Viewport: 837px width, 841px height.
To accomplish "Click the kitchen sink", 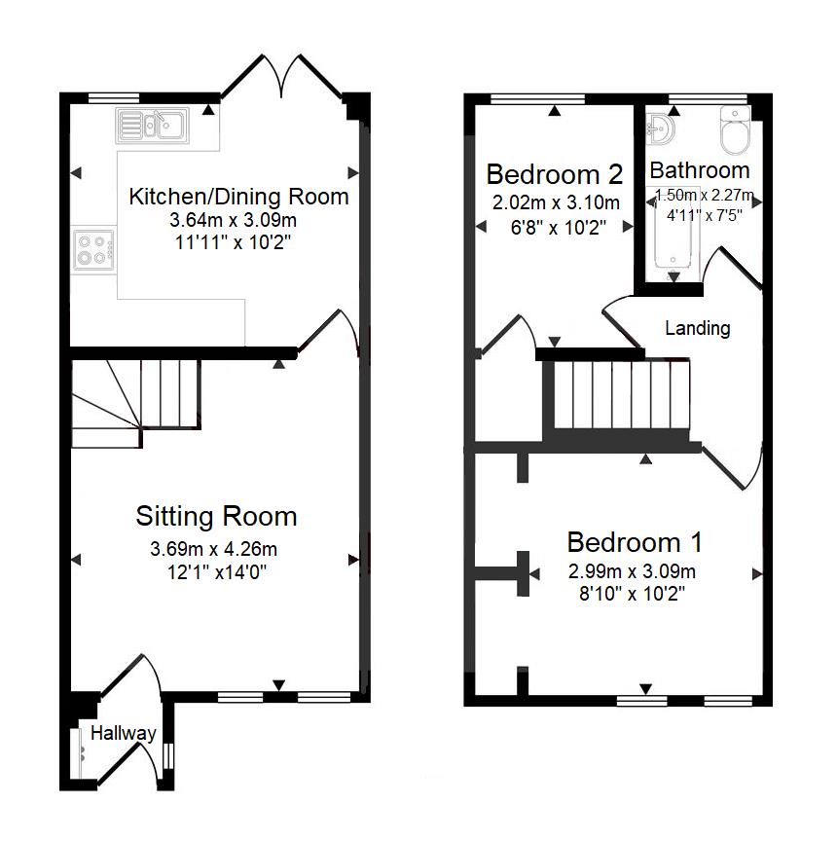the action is click(152, 126).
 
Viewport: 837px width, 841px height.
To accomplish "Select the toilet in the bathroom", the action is click(734, 130).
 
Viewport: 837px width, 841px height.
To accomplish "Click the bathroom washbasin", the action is click(660, 129).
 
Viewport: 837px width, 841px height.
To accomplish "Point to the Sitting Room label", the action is click(216, 517).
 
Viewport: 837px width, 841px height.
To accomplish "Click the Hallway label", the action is click(124, 733).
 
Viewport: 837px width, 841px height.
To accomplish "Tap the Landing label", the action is click(698, 328).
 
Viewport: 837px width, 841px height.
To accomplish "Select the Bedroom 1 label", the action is click(635, 542).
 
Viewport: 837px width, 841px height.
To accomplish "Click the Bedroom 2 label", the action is click(555, 174).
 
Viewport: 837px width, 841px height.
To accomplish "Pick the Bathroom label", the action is click(700, 170).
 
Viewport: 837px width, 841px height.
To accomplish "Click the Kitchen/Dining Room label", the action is click(238, 197).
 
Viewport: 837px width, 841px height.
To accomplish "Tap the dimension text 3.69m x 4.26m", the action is click(213, 549).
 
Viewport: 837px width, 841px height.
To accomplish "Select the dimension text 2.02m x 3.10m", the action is click(556, 202).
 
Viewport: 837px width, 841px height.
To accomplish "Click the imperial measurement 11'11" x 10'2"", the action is click(233, 242).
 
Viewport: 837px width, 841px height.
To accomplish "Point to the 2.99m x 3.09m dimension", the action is click(633, 571).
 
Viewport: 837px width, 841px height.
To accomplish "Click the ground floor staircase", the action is click(136, 402).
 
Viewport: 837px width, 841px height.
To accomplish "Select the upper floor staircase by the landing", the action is click(621, 395).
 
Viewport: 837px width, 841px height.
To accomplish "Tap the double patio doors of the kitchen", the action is click(281, 78).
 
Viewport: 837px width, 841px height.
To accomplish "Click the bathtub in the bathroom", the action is click(673, 234).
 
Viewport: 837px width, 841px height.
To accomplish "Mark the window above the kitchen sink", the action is click(113, 97).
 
